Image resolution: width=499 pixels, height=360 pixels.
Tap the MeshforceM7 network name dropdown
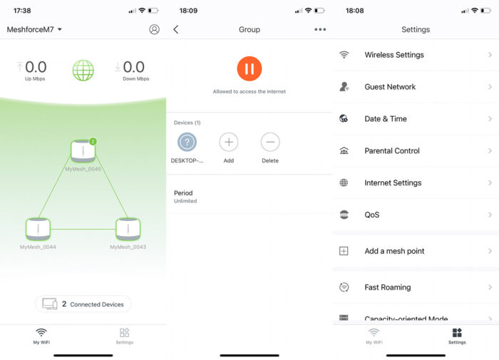tap(34, 29)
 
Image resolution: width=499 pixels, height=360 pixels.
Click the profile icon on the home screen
tap(154, 29)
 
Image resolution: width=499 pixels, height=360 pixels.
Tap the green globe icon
tap(83, 70)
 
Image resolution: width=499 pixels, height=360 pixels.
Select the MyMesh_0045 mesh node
tap(83, 151)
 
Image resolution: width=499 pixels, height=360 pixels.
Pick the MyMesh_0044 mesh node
tap(38, 229)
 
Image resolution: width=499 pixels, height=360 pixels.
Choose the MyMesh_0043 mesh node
tap(128, 229)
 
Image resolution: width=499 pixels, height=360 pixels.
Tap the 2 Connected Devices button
tap(83, 304)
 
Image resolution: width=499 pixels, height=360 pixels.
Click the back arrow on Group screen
tap(176, 29)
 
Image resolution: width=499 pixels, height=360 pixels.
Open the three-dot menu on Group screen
tap(320, 29)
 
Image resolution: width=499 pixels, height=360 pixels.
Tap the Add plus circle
tap(228, 142)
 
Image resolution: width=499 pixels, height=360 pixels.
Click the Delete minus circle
tap(270, 142)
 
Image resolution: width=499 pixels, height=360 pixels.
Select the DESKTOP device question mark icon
tap(187, 142)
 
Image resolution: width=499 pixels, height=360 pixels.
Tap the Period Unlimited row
tap(249, 197)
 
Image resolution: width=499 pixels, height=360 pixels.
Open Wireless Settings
tap(416, 55)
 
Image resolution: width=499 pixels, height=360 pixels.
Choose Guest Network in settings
tap(416, 87)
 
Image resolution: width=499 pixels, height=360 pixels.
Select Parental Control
tap(416, 150)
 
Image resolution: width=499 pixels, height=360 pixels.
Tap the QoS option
tap(416, 215)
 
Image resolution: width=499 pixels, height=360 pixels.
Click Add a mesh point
tap(416, 251)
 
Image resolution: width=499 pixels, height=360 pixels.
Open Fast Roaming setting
tap(416, 287)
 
